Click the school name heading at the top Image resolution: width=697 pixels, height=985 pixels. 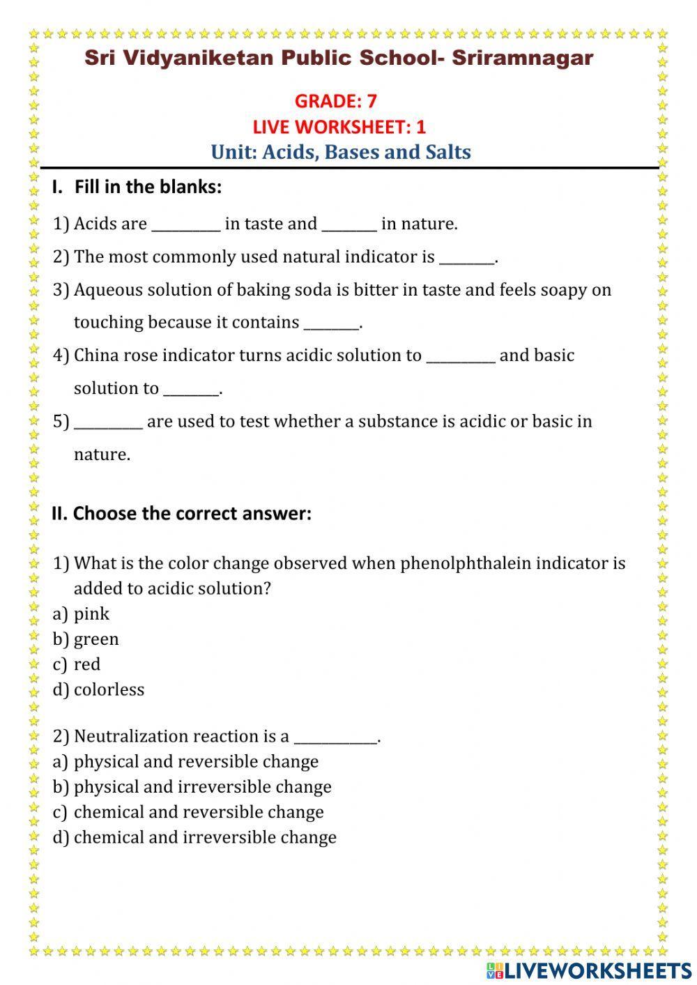pos(339,58)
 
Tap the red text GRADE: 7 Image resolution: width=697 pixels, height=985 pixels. pos(335,101)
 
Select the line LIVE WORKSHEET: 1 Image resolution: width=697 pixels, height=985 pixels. pos(339,127)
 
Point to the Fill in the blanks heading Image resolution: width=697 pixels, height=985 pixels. pos(147,187)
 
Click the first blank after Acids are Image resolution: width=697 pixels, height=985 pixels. pos(185,225)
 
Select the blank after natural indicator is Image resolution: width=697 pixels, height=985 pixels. pos(466,259)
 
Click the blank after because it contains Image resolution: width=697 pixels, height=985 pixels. pos(331,324)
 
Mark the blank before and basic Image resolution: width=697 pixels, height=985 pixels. pos(460,357)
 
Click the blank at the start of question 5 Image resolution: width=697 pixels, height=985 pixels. pos(108,423)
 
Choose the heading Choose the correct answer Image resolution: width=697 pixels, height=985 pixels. pos(191,514)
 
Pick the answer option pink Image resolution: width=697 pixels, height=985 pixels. pos(91,614)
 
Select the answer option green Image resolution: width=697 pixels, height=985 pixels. pos(96,639)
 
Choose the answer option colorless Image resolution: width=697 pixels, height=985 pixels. pos(109,689)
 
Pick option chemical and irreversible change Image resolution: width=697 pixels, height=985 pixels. pos(205,837)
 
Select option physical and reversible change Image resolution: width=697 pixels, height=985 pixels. pos(196,762)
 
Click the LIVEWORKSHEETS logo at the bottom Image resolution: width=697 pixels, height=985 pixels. pos(589,970)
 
